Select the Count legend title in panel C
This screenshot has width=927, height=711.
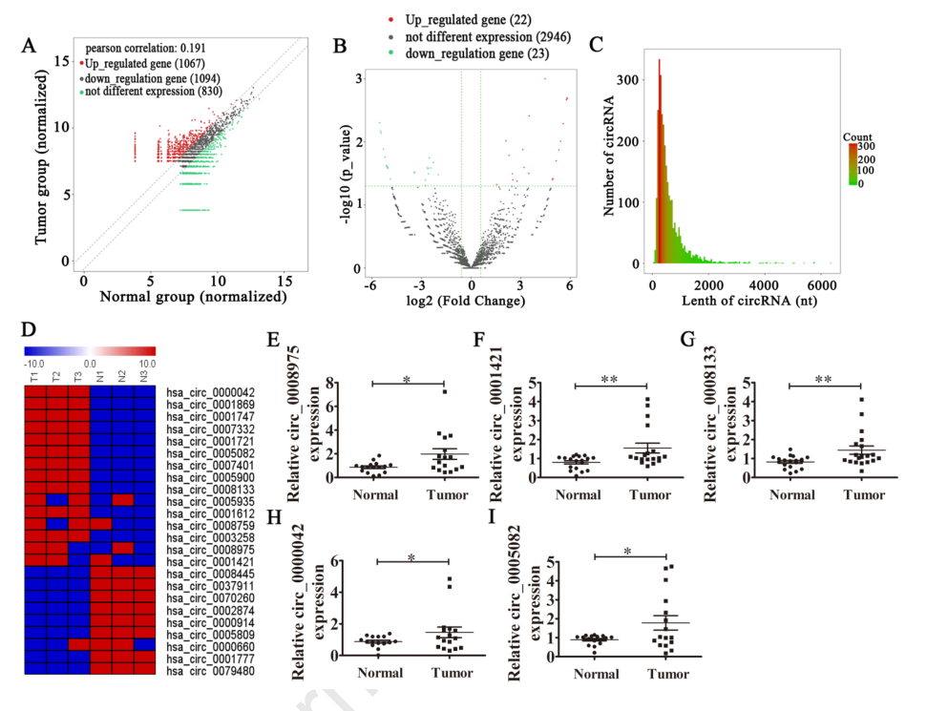pyautogui.click(x=857, y=137)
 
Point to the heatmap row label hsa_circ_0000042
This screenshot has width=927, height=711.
pyautogui.click(x=209, y=391)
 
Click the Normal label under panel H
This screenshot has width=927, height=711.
pyautogui.click(x=380, y=673)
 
